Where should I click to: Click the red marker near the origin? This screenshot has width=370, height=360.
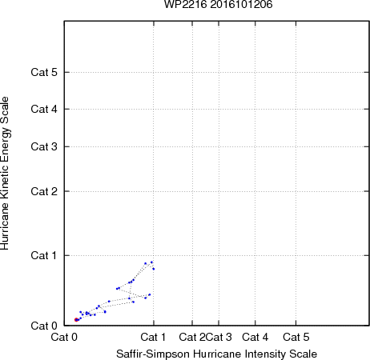(76, 319)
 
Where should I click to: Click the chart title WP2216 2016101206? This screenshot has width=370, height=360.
(218, 5)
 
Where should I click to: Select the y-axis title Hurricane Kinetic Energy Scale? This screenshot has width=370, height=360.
(5, 174)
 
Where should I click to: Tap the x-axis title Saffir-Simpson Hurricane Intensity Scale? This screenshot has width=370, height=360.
(216, 354)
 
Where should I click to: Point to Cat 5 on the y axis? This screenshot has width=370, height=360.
(44, 72)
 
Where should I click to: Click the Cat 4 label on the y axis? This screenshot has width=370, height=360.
(44, 109)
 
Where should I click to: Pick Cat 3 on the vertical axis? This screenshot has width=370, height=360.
(44, 146)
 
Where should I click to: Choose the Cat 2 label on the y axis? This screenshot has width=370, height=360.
(44, 191)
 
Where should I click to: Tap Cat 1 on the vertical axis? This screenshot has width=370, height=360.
(44, 255)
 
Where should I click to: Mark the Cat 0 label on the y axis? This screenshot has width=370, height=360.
(44, 326)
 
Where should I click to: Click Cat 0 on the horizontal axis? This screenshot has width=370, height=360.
(64, 337)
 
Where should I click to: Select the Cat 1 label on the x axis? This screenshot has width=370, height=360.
(153, 337)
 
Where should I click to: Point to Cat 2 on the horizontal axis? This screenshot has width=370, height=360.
(192, 337)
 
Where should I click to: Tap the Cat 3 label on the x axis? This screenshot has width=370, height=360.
(219, 337)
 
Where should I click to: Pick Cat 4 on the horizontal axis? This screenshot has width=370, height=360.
(255, 337)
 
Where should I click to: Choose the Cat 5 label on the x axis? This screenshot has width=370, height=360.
(296, 337)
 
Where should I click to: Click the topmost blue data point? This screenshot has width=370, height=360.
(151, 262)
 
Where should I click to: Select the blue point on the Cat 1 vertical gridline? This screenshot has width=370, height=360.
(154, 269)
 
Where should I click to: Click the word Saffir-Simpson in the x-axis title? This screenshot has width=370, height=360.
(153, 354)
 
